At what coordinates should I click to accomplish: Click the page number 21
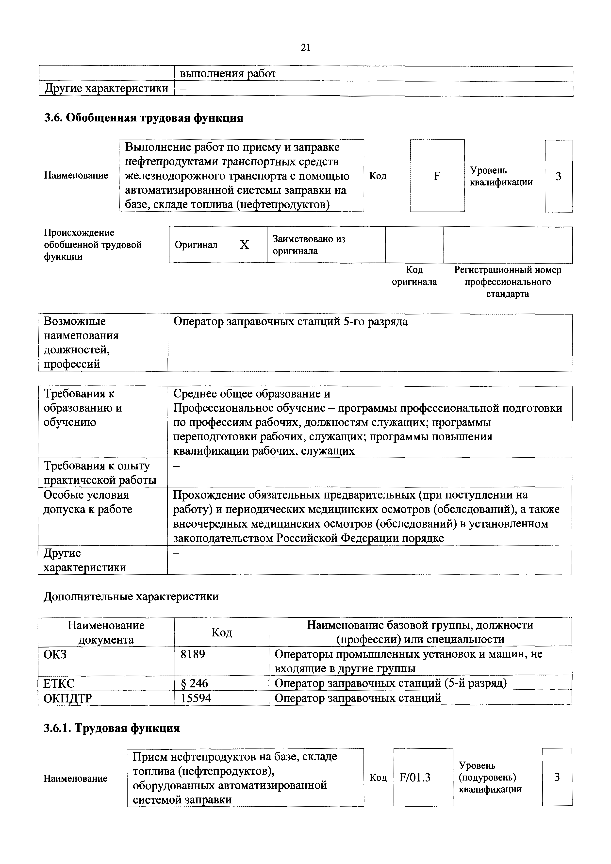305,48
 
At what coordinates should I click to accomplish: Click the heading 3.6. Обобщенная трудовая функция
144,118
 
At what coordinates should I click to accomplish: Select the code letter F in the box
437,176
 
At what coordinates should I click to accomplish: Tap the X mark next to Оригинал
245,245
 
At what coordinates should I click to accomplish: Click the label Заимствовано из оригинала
309,245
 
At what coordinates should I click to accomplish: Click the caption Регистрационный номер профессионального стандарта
508,282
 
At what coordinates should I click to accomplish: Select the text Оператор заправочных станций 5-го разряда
290,322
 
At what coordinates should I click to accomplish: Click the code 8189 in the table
193,654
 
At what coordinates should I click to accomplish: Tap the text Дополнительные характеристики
131,597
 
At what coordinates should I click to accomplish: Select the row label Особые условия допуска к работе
88,502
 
